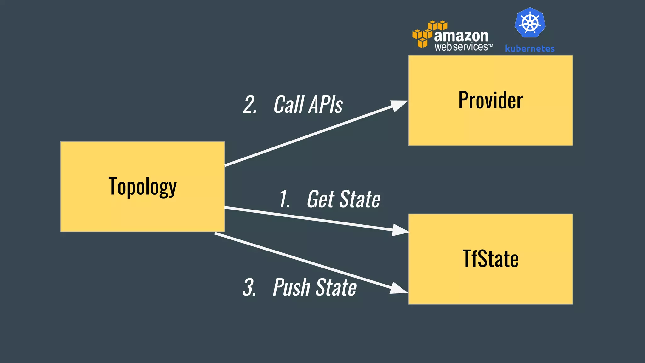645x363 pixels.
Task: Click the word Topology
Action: coord(142,187)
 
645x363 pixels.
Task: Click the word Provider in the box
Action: coord(490,100)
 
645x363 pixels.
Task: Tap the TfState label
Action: coord(490,259)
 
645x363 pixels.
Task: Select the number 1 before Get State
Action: coord(284,199)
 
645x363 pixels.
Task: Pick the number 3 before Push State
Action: coord(249,287)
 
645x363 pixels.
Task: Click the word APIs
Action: coord(325,105)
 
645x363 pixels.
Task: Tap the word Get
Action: coord(321,199)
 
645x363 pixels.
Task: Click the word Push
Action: coord(292,287)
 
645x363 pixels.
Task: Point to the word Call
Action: coord(288,105)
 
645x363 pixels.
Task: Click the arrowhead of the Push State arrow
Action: coord(398,288)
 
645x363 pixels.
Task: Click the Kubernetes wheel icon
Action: coord(530,23)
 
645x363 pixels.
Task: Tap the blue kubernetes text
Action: coord(530,49)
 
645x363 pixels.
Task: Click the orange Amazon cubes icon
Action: coord(425,34)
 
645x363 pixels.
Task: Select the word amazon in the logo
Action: coord(461,36)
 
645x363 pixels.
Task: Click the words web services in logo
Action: coord(461,47)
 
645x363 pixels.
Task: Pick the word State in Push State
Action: coord(336,287)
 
